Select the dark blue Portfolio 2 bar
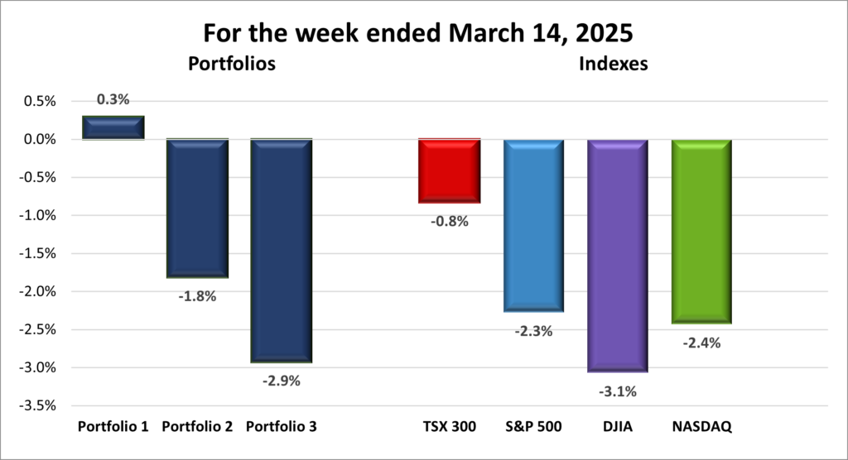[x=197, y=207]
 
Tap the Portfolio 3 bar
[x=281, y=250]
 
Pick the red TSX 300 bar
[x=449, y=170]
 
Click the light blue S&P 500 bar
[x=533, y=225]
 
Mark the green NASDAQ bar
[x=701, y=231]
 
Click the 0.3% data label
[x=113, y=99]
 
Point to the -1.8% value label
[x=197, y=295]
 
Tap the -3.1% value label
[x=619, y=391]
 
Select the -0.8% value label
[x=450, y=221]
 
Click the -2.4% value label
[x=702, y=343]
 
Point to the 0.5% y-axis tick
[x=38, y=102]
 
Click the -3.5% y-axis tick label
[x=36, y=405]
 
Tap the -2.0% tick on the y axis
[x=36, y=291]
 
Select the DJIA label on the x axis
[x=618, y=428]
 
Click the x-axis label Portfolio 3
[x=281, y=428]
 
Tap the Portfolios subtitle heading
[x=231, y=63]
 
